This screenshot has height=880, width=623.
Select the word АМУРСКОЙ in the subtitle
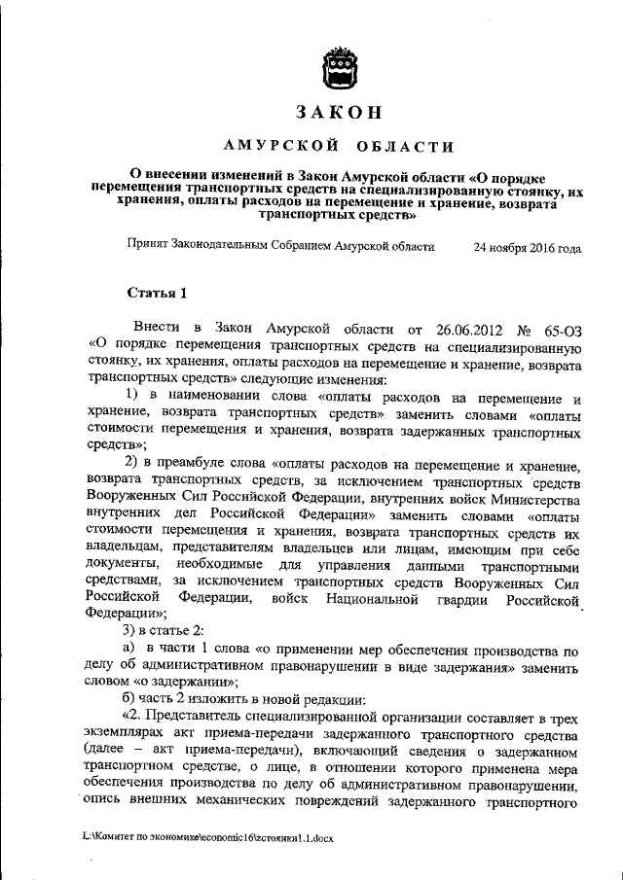[279, 148]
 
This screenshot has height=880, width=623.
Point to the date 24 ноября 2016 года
[527, 248]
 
